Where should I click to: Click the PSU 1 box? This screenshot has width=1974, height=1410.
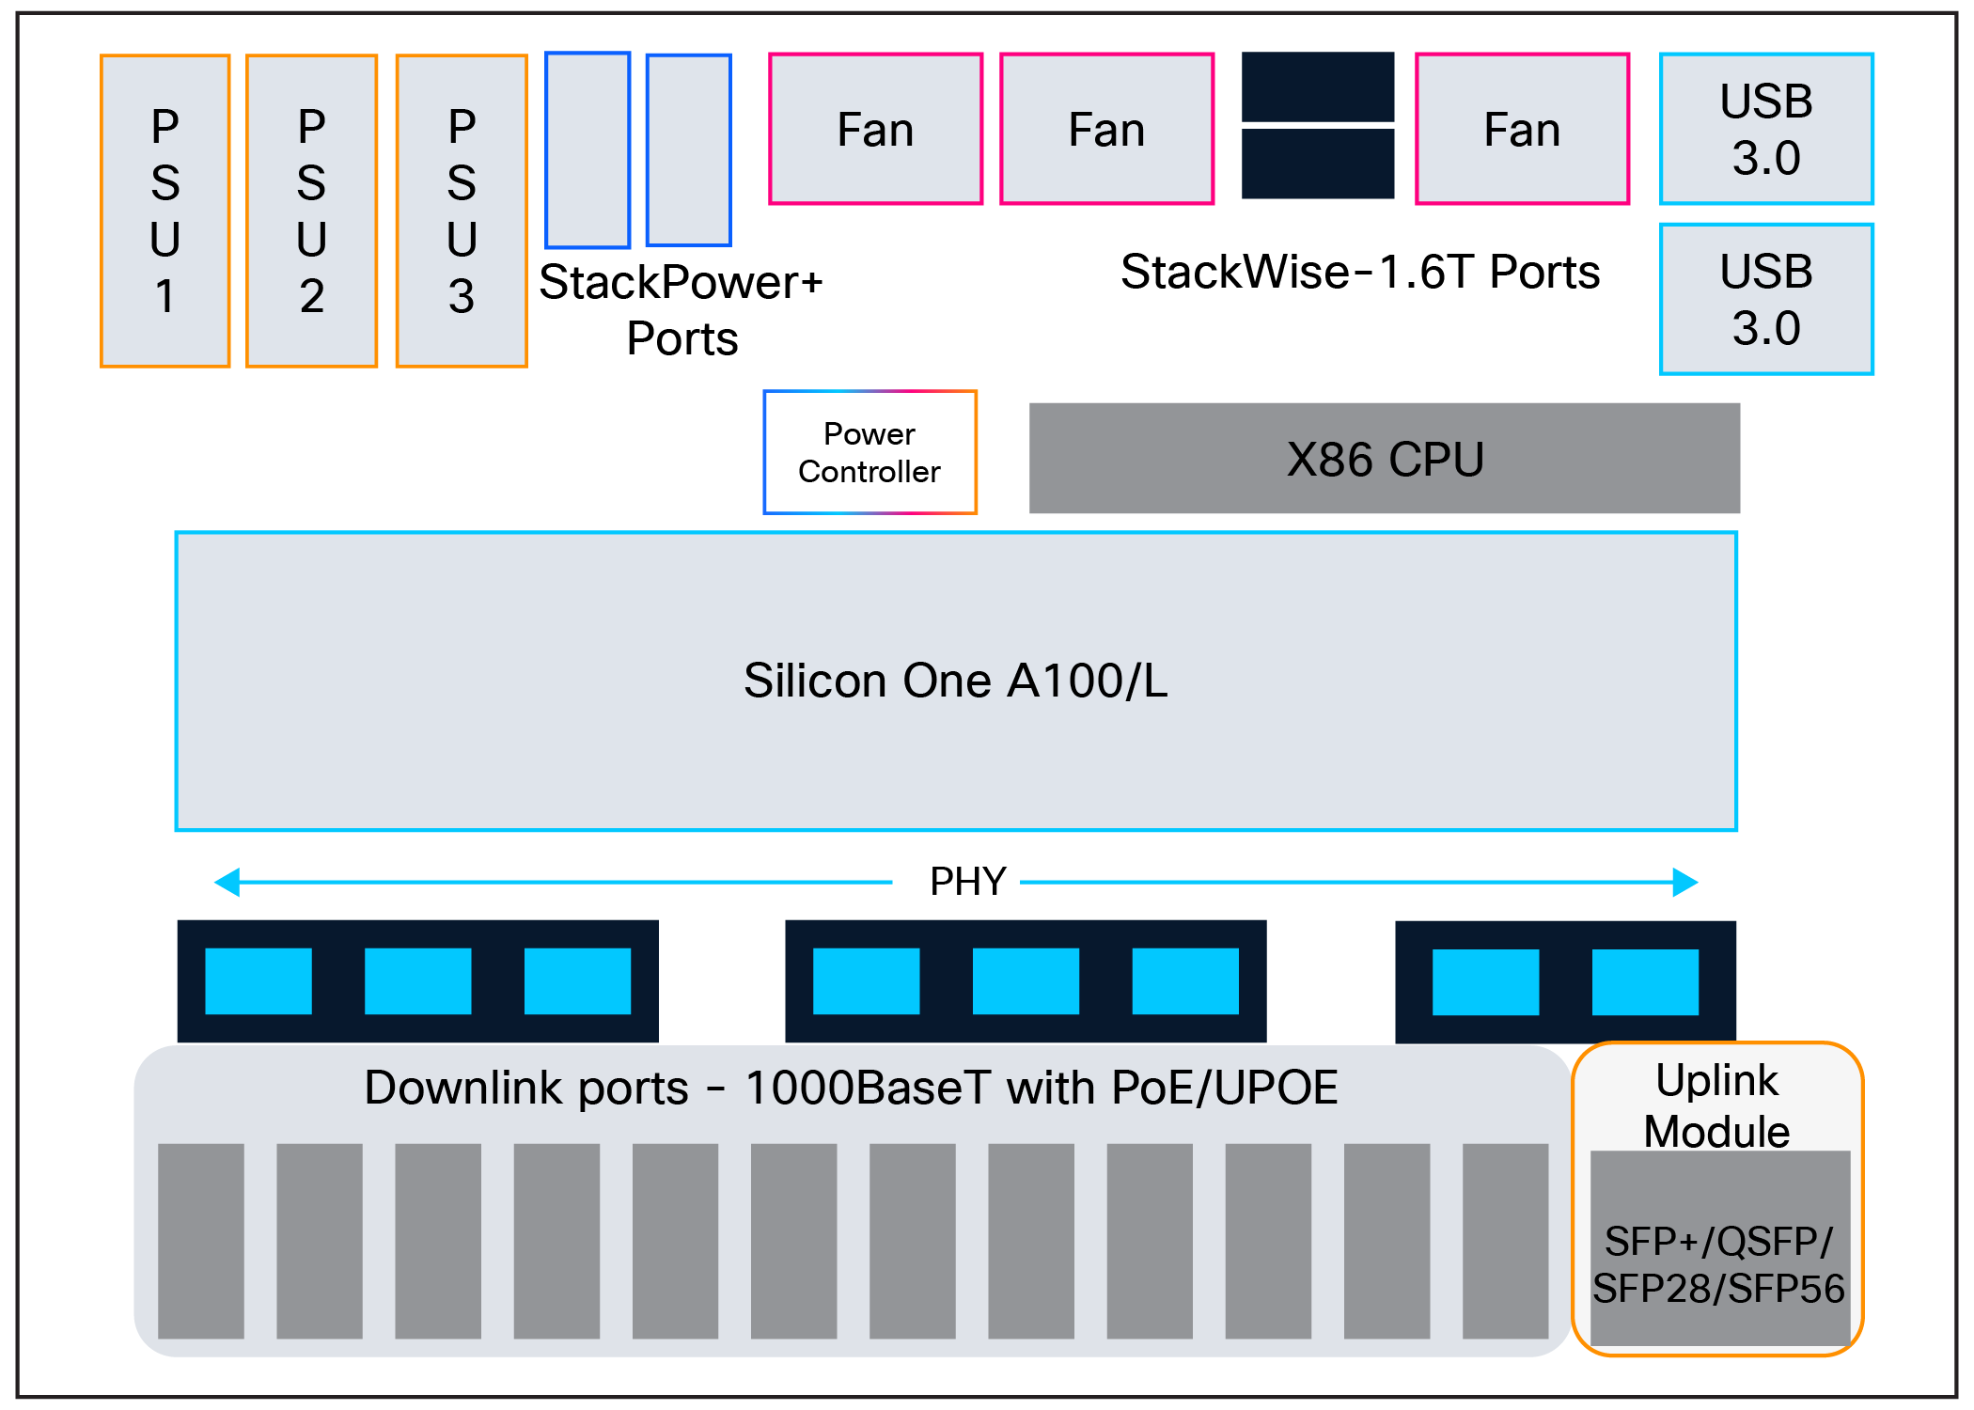(165, 211)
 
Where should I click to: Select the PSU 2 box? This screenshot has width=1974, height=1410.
(312, 211)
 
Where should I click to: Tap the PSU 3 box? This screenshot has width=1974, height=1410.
(462, 211)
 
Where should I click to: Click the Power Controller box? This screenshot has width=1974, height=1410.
(869, 452)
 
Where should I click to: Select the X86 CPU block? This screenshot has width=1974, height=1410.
(1384, 459)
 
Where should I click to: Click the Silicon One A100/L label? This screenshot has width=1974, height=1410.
(955, 681)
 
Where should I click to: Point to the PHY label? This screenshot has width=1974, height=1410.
(967, 882)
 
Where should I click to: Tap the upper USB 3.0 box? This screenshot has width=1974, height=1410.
(1766, 129)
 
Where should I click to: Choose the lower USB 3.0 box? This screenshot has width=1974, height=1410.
(1766, 299)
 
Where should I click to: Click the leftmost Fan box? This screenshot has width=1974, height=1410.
(875, 129)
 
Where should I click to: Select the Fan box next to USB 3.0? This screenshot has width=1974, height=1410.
(1522, 129)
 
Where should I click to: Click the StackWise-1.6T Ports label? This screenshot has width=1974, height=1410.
(1359, 272)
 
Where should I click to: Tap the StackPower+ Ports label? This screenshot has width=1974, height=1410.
(681, 309)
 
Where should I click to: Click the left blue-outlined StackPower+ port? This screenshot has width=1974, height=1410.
(587, 150)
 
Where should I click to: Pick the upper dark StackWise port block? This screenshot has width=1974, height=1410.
(1318, 86)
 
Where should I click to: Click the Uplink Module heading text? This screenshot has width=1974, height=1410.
(1716, 1105)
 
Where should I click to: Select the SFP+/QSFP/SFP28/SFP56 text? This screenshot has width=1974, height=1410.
(1718, 1265)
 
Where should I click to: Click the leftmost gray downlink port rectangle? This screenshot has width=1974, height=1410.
(201, 1241)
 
